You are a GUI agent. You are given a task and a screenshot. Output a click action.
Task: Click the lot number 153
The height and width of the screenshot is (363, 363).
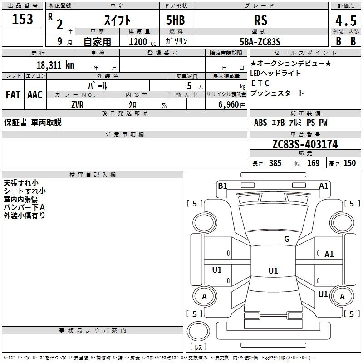pos(22,19)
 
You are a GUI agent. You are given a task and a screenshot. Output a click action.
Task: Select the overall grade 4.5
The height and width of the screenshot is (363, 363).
pos(346,21)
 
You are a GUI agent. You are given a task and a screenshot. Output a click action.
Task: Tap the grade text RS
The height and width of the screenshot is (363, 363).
pos(260,20)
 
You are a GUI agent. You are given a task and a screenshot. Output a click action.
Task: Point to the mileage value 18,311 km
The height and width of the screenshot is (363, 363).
pos(55,65)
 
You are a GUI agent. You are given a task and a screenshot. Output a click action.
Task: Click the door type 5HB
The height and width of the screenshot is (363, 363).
pos(176,20)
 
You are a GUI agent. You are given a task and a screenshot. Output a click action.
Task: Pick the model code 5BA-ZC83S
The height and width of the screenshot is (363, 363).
pos(260,42)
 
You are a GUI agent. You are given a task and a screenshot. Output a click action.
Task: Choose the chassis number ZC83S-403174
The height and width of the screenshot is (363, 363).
pos(305,144)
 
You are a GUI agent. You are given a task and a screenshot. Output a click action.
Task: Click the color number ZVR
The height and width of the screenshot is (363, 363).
pos(77,105)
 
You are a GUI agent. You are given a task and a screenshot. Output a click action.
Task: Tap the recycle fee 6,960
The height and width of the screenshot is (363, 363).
pos(229,105)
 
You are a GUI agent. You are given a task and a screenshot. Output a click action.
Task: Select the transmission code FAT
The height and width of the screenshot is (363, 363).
pos(13,95)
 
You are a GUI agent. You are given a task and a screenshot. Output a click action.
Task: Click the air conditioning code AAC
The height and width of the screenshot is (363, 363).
pos(35,95)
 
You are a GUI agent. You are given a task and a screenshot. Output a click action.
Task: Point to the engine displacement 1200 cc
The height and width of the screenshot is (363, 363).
pos(142,42)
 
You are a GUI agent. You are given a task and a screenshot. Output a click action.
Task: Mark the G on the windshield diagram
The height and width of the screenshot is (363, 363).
pos(287,239)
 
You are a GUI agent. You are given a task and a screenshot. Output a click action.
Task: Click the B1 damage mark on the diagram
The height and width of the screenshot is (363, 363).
pos(222,186)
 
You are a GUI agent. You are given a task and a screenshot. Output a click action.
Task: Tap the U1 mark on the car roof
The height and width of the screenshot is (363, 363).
pos(273,270)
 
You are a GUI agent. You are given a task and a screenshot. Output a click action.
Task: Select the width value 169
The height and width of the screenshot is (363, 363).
pos(313,163)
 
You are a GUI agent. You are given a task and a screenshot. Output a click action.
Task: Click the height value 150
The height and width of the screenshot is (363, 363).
pos(349,163)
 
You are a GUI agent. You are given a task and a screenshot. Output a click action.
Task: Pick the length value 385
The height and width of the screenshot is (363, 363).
pos(275,163)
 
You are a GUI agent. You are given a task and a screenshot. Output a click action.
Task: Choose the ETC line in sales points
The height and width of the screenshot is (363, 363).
pos(260,83)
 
